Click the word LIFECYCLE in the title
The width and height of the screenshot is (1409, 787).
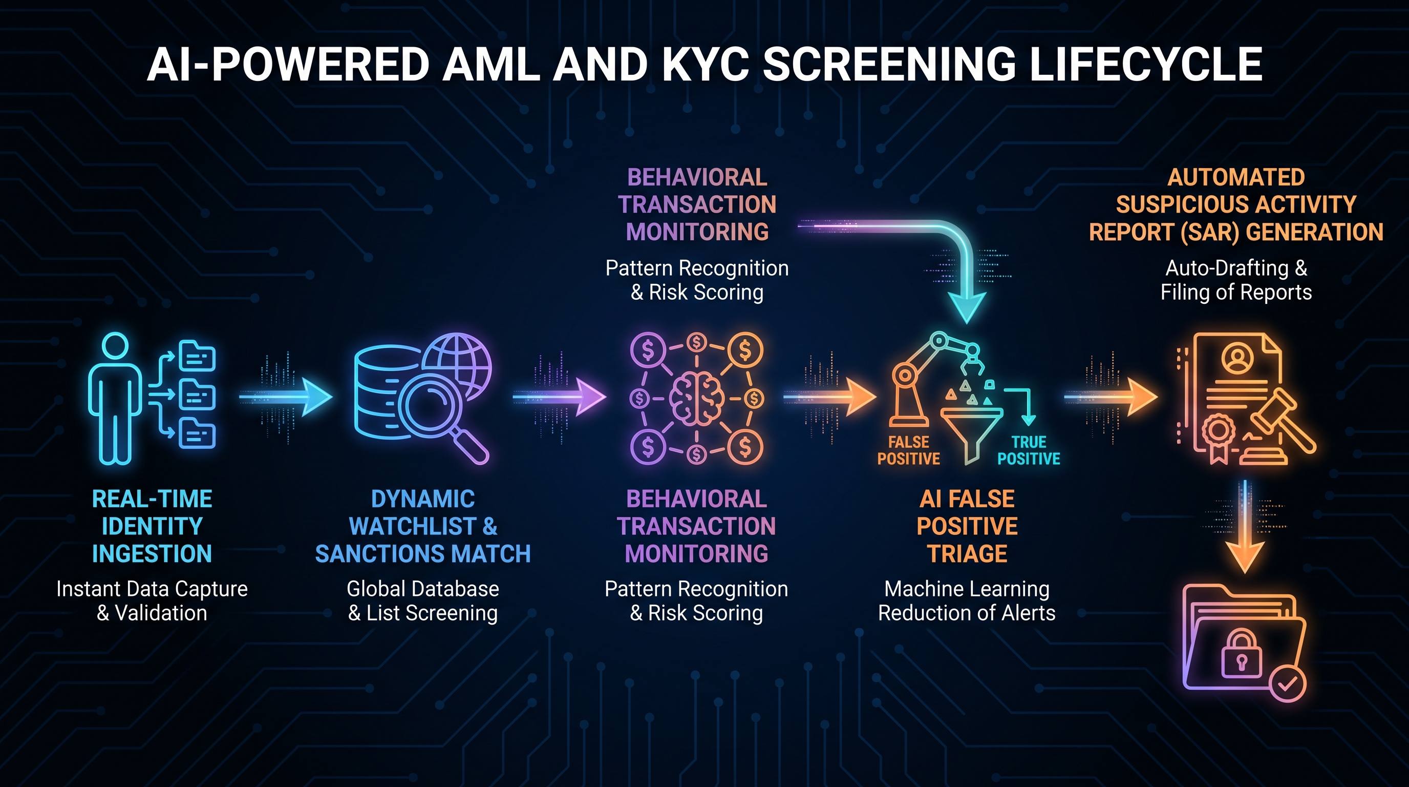pos(1145,64)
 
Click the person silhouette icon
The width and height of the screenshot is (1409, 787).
pos(115,399)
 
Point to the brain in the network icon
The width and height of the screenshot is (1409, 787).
pos(696,399)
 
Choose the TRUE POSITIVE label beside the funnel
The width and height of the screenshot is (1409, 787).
pos(1028,450)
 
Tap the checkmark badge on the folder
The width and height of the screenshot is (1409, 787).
pos(1288,683)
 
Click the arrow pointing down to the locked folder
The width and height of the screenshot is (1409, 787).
pos(1245,527)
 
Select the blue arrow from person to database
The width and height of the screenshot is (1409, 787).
pos(286,396)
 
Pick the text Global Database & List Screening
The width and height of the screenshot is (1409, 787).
pos(423,601)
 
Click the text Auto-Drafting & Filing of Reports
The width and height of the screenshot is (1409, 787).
pos(1236,280)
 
